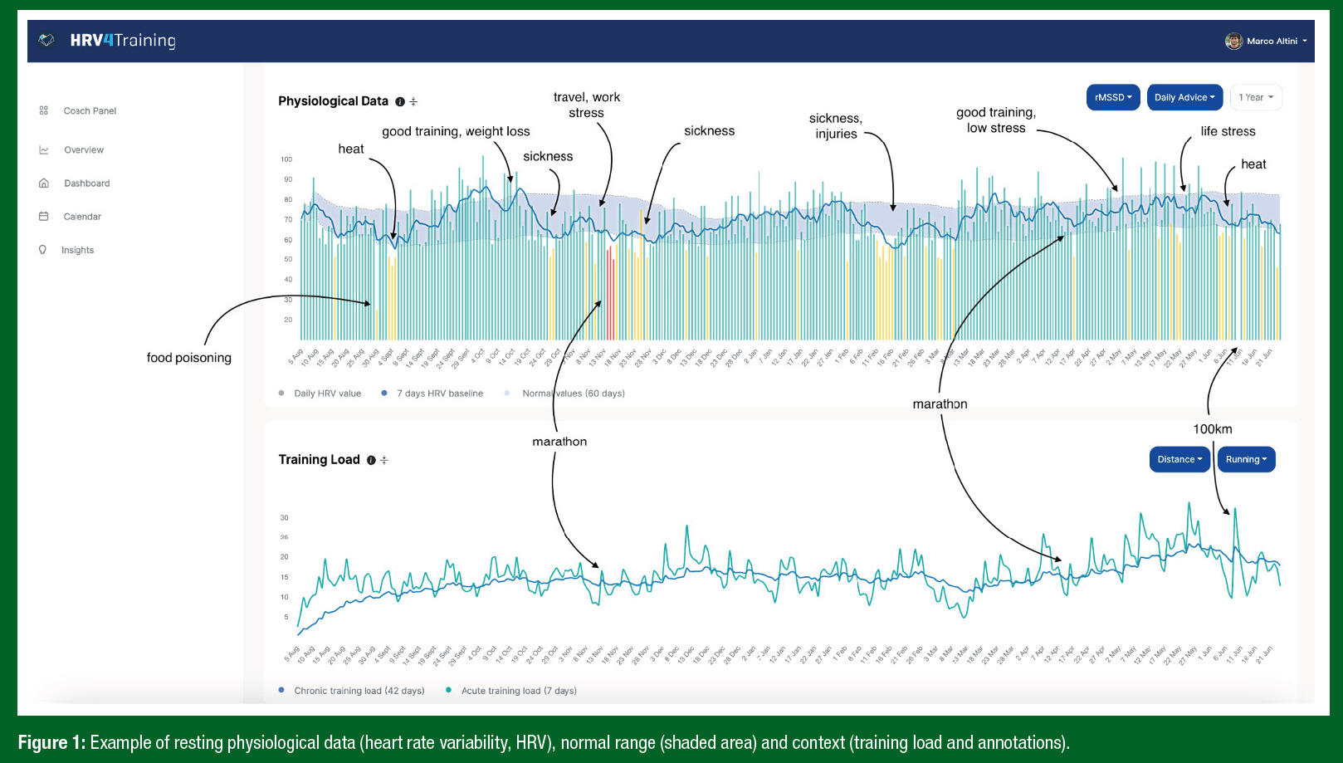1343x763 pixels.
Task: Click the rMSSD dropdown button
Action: click(x=1112, y=97)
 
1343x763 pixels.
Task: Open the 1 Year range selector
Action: click(x=1255, y=97)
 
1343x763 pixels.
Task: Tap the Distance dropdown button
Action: click(x=1179, y=459)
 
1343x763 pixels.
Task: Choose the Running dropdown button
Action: click(x=1245, y=459)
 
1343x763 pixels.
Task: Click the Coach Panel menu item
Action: click(x=90, y=110)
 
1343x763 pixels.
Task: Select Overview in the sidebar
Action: click(x=84, y=150)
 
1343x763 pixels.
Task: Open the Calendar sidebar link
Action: click(x=82, y=217)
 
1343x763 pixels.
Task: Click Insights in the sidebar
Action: click(x=77, y=250)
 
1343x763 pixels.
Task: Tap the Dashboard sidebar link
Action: click(x=86, y=183)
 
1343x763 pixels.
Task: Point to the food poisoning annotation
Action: click(x=189, y=358)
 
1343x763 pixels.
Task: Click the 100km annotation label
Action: click(x=1212, y=429)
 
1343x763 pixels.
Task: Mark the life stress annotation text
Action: click(x=1228, y=131)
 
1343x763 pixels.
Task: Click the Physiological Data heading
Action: click(x=333, y=101)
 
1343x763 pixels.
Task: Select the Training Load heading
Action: click(x=319, y=460)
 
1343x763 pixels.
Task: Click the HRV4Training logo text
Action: click(x=123, y=41)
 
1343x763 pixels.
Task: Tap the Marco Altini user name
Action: click(x=1272, y=41)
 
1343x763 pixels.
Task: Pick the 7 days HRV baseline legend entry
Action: click(x=439, y=394)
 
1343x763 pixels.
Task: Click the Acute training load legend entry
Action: click(x=518, y=691)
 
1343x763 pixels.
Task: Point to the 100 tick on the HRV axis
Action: click(x=286, y=159)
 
